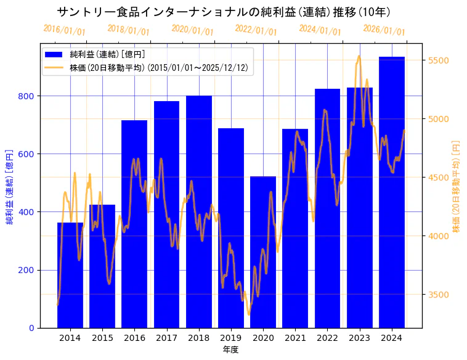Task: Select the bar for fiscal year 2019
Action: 231,228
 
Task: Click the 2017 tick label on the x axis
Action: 166,338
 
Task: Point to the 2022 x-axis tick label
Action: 327,338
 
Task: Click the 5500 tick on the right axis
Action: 437,60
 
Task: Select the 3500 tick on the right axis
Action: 437,295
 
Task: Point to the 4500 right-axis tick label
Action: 437,178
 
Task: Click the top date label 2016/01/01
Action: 64,30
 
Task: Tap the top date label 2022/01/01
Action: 256,30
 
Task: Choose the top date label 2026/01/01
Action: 384,30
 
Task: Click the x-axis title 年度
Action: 230,350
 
